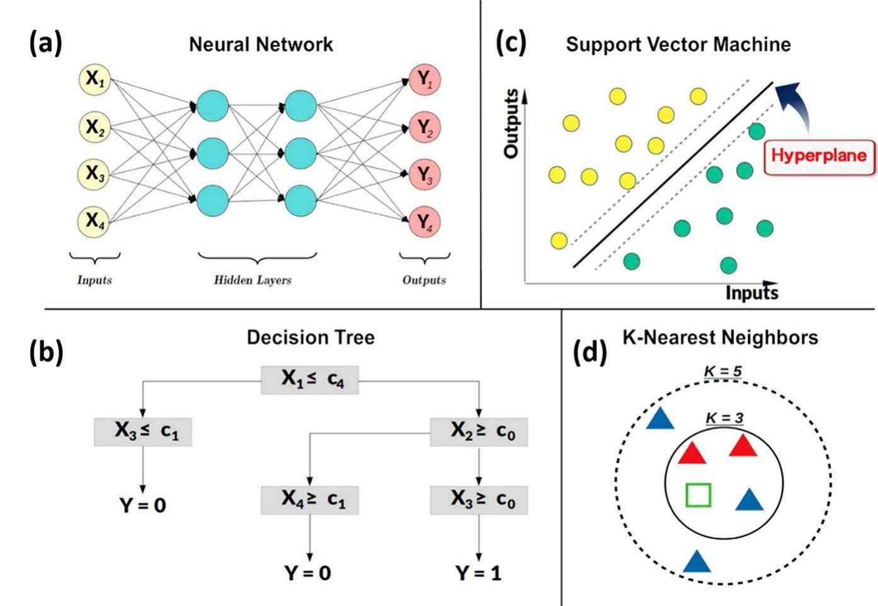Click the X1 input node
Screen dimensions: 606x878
coord(94,79)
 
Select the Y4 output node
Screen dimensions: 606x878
coord(424,222)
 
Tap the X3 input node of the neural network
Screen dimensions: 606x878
coord(94,174)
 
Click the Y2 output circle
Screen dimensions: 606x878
coord(424,127)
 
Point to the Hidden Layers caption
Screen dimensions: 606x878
coord(253,280)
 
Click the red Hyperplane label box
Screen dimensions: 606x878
coord(819,156)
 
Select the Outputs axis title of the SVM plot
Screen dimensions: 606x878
coord(511,123)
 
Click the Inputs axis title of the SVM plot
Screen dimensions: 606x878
coord(751,294)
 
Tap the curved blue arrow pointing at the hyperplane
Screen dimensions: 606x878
coord(795,104)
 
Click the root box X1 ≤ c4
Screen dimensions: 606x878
coord(310,379)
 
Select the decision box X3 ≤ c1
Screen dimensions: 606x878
coord(143,432)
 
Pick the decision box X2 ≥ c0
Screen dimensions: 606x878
coord(479,432)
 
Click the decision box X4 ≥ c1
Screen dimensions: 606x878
coord(310,500)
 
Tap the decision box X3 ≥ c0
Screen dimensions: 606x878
coord(479,500)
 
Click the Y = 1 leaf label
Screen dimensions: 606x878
coord(479,573)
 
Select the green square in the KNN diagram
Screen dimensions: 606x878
coord(698,495)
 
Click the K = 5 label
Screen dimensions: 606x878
coord(722,371)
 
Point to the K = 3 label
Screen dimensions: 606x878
coord(724,418)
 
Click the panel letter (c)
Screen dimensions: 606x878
coord(511,43)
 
